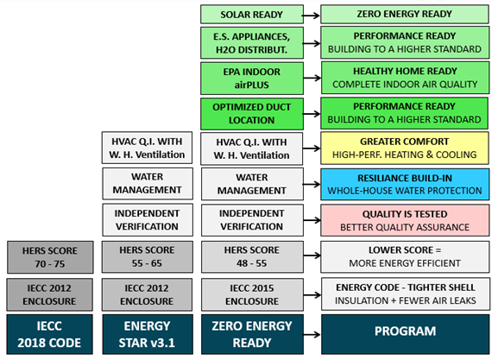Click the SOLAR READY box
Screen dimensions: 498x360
252,15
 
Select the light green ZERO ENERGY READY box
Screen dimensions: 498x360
405,14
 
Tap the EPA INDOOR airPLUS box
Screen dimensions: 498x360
252,79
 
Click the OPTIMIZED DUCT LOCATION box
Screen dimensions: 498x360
252,114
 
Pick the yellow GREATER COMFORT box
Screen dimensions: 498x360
405,148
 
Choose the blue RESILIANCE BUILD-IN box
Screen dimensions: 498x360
405,184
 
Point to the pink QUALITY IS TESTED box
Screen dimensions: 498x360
405,220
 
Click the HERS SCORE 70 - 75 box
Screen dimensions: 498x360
50,257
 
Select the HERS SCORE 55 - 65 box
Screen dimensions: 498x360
147,256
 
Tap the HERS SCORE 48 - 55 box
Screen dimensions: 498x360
252,256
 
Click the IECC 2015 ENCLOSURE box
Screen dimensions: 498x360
252,294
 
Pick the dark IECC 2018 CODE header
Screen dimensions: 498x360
49,334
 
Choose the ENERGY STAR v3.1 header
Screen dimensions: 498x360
148,334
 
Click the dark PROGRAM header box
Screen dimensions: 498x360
406,334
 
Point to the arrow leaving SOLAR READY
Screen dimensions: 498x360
311,16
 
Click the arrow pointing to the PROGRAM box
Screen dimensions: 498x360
312,335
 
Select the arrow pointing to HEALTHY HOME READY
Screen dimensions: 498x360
312,78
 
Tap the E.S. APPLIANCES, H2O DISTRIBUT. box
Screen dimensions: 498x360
252,43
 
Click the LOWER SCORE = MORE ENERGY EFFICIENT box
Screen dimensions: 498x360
405,256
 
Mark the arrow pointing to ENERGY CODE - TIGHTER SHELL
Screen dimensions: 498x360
312,295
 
